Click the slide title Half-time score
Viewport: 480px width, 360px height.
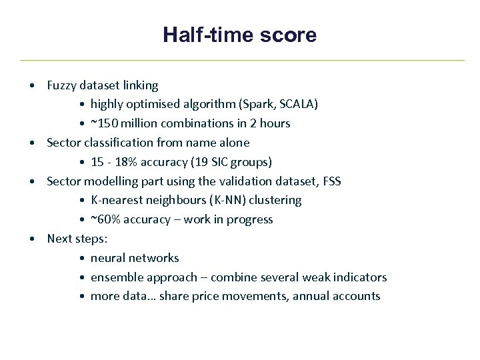tap(239, 35)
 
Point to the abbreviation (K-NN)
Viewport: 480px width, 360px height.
tap(225, 200)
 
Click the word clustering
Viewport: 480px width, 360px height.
tap(275, 200)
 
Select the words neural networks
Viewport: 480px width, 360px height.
tap(135, 258)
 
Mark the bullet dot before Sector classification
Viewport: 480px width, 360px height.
tap(32, 143)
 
